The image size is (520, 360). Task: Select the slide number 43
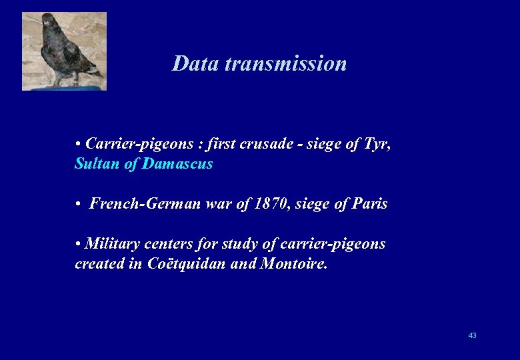tap(472, 335)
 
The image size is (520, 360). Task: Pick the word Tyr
tap(377, 144)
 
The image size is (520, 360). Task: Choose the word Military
tap(113, 244)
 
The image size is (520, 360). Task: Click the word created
tap(99, 264)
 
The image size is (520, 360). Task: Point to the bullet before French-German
tap(79, 205)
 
